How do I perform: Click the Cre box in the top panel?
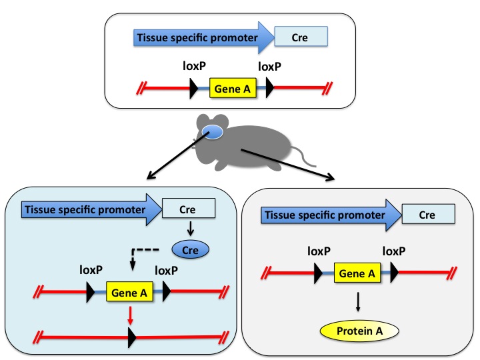point(300,37)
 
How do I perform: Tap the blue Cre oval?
point(191,251)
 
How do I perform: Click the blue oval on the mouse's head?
point(213,133)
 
